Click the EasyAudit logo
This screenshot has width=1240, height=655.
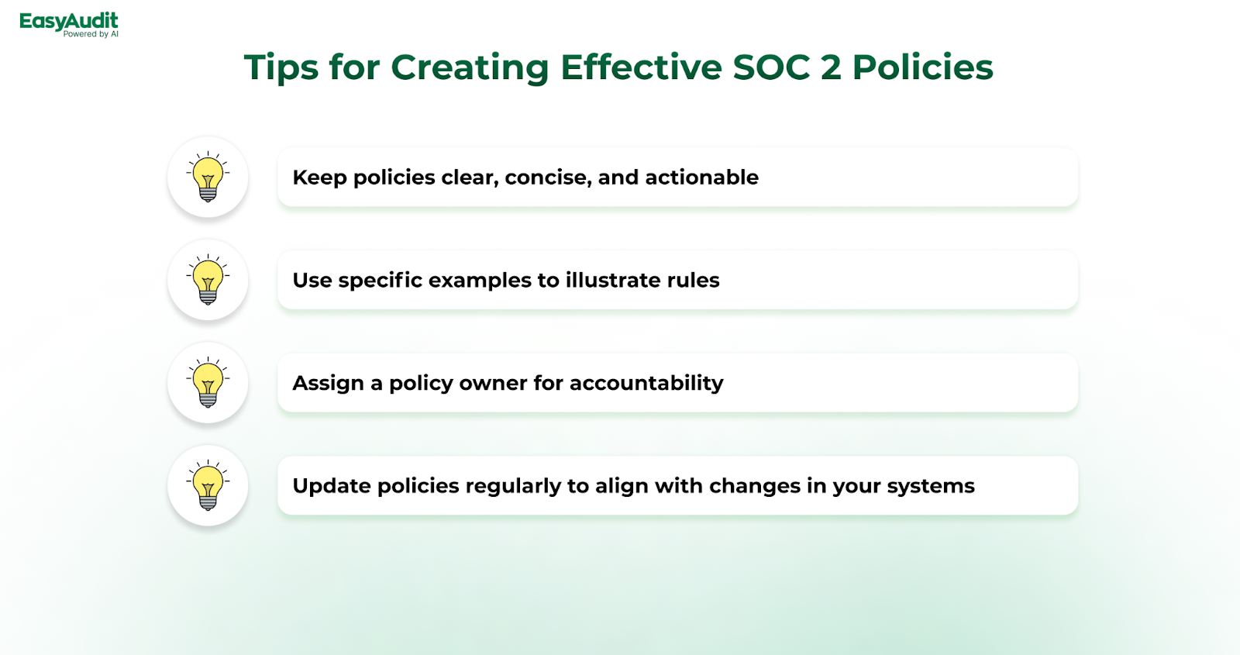[69, 25]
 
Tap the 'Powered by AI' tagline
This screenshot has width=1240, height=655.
[91, 34]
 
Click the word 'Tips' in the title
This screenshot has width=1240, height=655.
[281, 68]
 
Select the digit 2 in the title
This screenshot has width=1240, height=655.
[830, 67]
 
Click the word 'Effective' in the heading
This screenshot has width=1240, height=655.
[641, 67]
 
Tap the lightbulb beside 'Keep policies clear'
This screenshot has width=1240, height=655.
[208, 177]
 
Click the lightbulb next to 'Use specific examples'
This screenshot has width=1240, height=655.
[208, 280]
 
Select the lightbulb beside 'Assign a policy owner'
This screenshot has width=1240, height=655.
[208, 383]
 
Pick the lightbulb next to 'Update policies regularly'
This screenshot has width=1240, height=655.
[208, 485]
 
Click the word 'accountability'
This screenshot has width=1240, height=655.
[646, 384]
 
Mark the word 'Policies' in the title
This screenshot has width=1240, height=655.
[923, 67]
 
